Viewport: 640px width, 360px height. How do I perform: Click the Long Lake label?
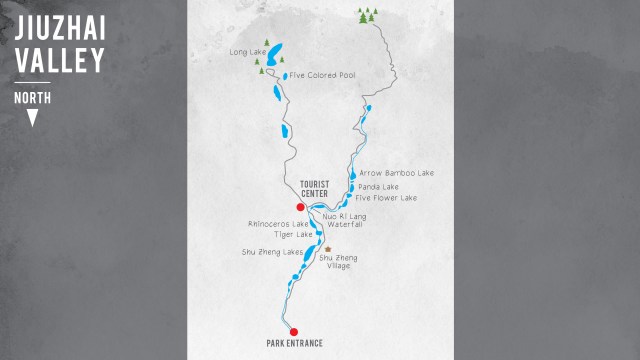click(248, 52)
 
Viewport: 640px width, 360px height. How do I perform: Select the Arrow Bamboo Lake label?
click(396, 173)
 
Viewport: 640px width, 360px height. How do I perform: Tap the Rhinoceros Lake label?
click(280, 224)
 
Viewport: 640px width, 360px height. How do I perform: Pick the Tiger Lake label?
click(280, 235)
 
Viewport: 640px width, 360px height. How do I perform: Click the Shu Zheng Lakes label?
click(272, 252)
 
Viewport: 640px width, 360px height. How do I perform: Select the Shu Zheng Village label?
click(338, 262)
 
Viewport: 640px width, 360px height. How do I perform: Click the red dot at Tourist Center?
click(300, 207)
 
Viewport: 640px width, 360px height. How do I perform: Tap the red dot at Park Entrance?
click(293, 332)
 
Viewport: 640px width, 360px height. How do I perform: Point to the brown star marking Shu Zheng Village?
click(328, 249)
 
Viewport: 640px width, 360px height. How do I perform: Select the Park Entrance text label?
click(295, 344)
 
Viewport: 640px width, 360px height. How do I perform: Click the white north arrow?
click(33, 118)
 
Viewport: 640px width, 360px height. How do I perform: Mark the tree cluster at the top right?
click(369, 14)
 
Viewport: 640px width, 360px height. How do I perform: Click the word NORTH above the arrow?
click(33, 98)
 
